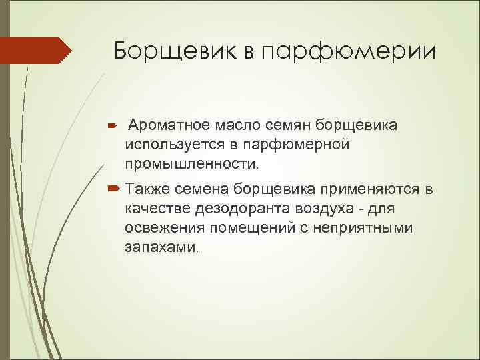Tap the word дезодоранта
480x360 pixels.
click(x=242, y=209)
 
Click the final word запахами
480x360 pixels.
click(x=161, y=247)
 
